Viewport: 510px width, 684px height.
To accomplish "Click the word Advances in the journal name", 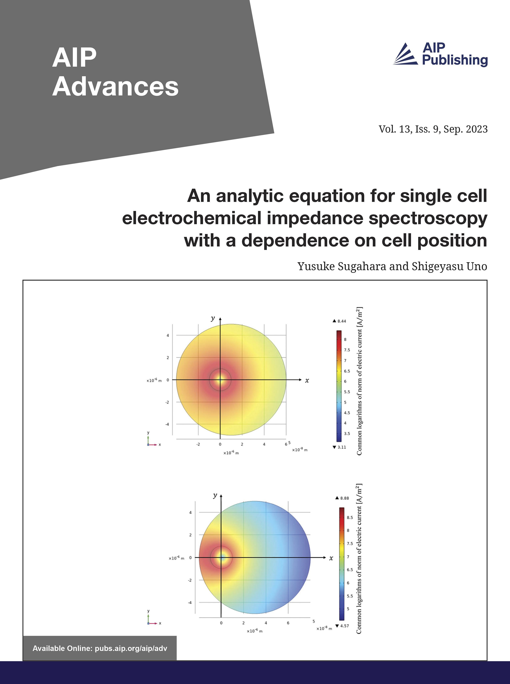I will (x=115, y=87).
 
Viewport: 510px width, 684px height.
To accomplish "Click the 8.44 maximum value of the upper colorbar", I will (x=341, y=321).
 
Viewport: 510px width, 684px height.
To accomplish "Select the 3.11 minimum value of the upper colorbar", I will (x=341, y=447).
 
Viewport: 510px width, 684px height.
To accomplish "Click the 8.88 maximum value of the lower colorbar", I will (x=344, y=498).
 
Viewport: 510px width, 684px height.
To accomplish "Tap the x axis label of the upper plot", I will (x=307, y=380).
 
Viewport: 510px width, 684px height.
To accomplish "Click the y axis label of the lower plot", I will (x=215, y=496).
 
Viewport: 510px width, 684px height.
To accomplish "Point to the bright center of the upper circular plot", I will (x=220, y=380).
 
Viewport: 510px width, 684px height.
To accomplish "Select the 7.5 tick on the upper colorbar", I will (x=347, y=350).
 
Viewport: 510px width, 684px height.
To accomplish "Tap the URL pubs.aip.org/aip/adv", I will (x=131, y=648).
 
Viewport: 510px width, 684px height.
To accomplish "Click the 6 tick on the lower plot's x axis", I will (x=288, y=623).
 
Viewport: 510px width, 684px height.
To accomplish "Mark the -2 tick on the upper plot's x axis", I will (x=198, y=444).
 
